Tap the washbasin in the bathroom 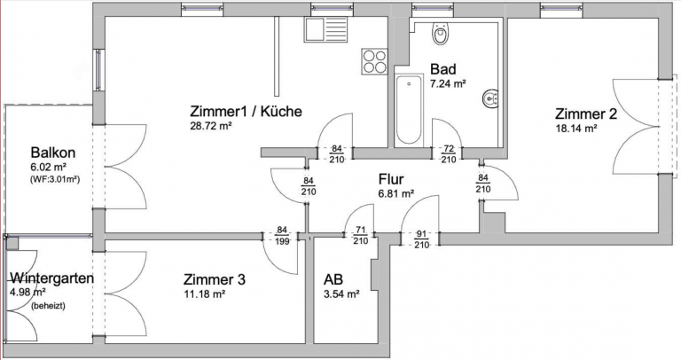point(488,98)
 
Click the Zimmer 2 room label point(585,113)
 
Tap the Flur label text point(391,177)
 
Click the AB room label point(333,278)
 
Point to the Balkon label point(52,152)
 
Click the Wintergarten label point(51,278)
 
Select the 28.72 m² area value point(210,127)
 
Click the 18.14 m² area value point(576,129)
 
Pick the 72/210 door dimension point(449,154)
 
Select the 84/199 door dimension point(282,236)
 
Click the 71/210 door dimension point(360,236)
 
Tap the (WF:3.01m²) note point(55,178)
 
